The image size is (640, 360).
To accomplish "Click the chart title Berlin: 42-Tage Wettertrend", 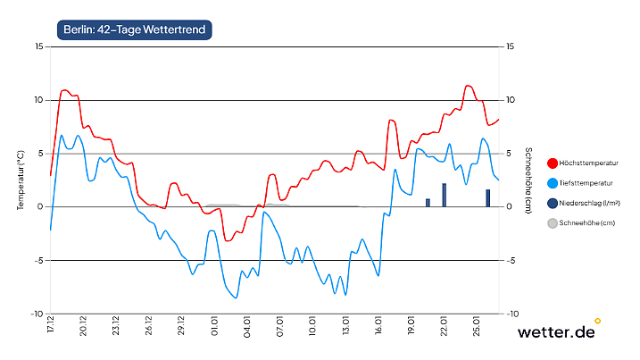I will pos(134,29).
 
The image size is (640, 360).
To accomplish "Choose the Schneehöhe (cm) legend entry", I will pos(587,222).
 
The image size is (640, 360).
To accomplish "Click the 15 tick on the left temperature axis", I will pos(38,46).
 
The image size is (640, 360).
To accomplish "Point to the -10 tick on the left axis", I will pos(37,314).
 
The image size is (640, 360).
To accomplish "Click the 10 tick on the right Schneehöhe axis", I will pos(511,100).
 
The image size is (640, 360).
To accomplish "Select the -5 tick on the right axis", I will pos(511,261).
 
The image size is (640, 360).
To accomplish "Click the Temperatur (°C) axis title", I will pos(20,180).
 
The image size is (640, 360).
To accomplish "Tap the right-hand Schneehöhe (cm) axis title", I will pos(528,180).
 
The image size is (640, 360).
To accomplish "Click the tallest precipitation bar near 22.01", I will pos(445,195).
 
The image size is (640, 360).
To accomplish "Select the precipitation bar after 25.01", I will pos(488,198).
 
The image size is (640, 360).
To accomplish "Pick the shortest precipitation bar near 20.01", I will pos(428,203).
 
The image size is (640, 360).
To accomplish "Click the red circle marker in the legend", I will pos(553,163).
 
